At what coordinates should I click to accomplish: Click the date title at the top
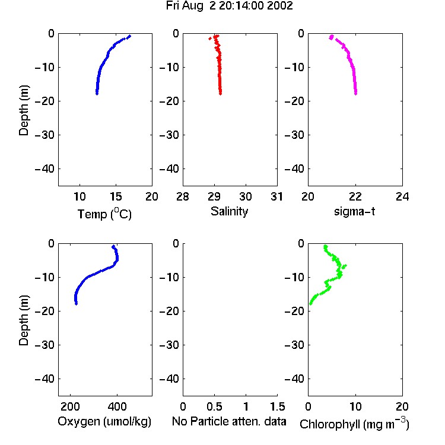click(229, 6)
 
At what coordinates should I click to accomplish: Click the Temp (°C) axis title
click(104, 214)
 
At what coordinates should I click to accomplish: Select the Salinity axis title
click(229, 211)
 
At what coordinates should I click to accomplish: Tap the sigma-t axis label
click(354, 211)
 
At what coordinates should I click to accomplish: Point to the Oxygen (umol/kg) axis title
click(104, 421)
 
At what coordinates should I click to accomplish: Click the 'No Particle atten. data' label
click(229, 421)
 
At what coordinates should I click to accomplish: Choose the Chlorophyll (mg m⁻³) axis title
click(354, 424)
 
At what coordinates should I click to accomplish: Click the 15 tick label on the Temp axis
click(116, 196)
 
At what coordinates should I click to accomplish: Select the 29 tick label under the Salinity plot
click(214, 196)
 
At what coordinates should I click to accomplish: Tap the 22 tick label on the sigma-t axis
click(355, 196)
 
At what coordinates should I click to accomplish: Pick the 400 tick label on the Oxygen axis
click(117, 406)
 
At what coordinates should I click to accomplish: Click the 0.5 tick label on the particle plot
click(214, 406)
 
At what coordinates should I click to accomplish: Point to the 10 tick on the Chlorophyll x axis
click(355, 406)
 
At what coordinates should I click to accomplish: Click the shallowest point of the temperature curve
click(130, 36)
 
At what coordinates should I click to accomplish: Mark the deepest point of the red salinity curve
click(220, 93)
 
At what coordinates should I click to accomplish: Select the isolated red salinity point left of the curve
click(210, 39)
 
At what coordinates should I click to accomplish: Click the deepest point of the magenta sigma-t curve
click(355, 93)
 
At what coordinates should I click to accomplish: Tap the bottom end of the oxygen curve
click(76, 304)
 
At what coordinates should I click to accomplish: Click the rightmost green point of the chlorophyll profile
click(345, 266)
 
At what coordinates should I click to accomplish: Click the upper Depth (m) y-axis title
click(24, 110)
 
